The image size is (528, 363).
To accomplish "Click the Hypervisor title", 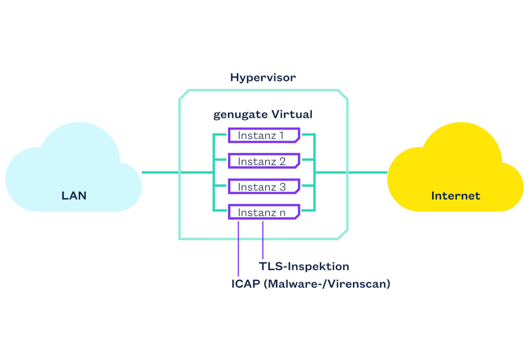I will (263, 78).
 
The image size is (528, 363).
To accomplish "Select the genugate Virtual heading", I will (263, 115).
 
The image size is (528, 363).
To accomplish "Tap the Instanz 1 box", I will (264, 135).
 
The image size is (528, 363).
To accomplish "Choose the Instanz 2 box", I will (264, 161).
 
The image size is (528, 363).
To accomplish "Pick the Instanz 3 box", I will (264, 187).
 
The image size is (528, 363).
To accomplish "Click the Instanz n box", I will (264, 212).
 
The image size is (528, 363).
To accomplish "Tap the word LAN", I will (74, 196).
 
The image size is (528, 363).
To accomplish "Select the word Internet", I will (455, 196).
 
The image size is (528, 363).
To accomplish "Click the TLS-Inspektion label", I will (304, 266).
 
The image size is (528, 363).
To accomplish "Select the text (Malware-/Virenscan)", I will (327, 284).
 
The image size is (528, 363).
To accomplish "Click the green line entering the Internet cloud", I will (367, 172).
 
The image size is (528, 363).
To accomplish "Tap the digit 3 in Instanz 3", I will (282, 187).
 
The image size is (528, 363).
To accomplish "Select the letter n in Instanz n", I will (282, 213).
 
